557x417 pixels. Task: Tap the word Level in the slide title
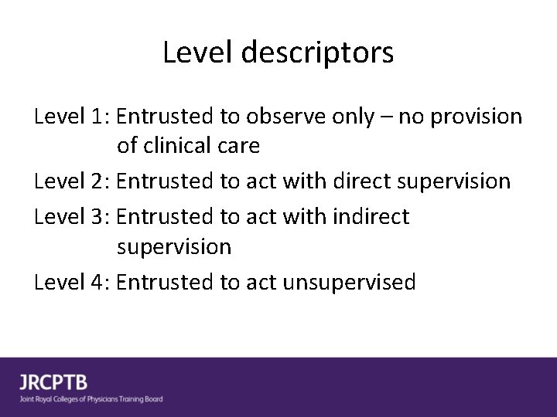coord(199,53)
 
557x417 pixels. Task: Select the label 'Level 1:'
coord(73,117)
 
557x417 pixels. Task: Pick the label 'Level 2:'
coord(73,181)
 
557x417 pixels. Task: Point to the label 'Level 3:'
coord(73,217)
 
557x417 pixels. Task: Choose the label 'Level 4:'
coord(73,283)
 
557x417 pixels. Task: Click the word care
coord(237,146)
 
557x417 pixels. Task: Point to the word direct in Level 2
coord(361,181)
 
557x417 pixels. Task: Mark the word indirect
coord(371,217)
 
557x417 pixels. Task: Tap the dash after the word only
coord(384,118)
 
